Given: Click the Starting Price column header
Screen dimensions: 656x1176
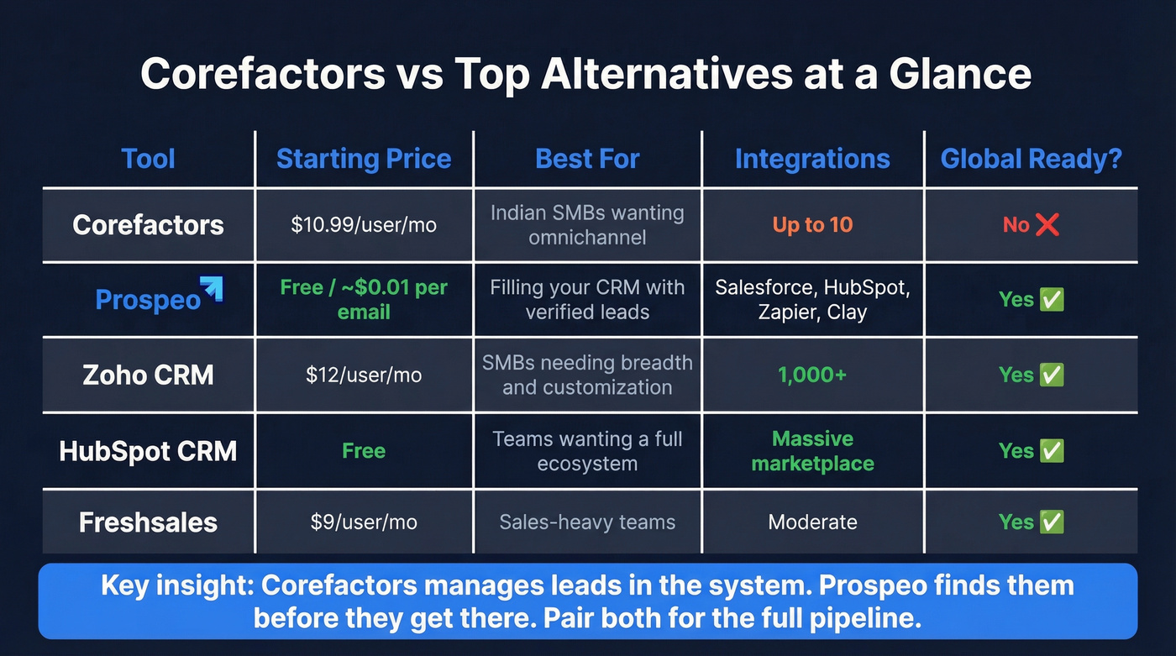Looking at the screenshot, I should pos(364,159).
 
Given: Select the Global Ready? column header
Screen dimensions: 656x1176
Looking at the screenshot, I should pos(1031,159).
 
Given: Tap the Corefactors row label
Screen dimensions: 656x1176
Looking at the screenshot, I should pos(149,225).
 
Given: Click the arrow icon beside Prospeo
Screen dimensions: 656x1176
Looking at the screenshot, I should pos(211,288).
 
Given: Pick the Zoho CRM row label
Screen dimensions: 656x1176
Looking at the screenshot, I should pos(149,375).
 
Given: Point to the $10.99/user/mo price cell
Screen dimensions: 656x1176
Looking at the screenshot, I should pos(364,225).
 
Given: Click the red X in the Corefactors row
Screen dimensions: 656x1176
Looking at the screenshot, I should pos(1047,225).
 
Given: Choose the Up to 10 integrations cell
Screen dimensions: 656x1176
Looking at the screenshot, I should pos(812,225).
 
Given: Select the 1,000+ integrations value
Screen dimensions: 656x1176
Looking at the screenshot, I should pos(812,375).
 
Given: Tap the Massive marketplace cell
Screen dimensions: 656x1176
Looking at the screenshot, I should pos(812,451).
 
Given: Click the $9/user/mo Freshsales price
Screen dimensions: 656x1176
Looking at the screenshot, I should pos(364,522).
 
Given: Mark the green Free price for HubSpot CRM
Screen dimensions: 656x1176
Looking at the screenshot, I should pos(364,451).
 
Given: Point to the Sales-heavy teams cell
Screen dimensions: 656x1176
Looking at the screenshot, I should pos(587,522).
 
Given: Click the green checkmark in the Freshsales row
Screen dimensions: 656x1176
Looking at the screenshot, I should pos(1052,522).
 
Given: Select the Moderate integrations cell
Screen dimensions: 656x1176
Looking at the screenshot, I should pos(812,522).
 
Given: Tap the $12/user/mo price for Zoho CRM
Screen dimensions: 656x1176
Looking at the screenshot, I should pos(364,375).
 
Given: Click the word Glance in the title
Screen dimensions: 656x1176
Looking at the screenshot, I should pos(960,74).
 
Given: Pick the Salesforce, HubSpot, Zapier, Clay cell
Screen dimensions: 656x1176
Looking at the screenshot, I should pos(812,300).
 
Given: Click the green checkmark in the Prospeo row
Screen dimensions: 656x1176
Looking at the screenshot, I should pos(1052,300).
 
